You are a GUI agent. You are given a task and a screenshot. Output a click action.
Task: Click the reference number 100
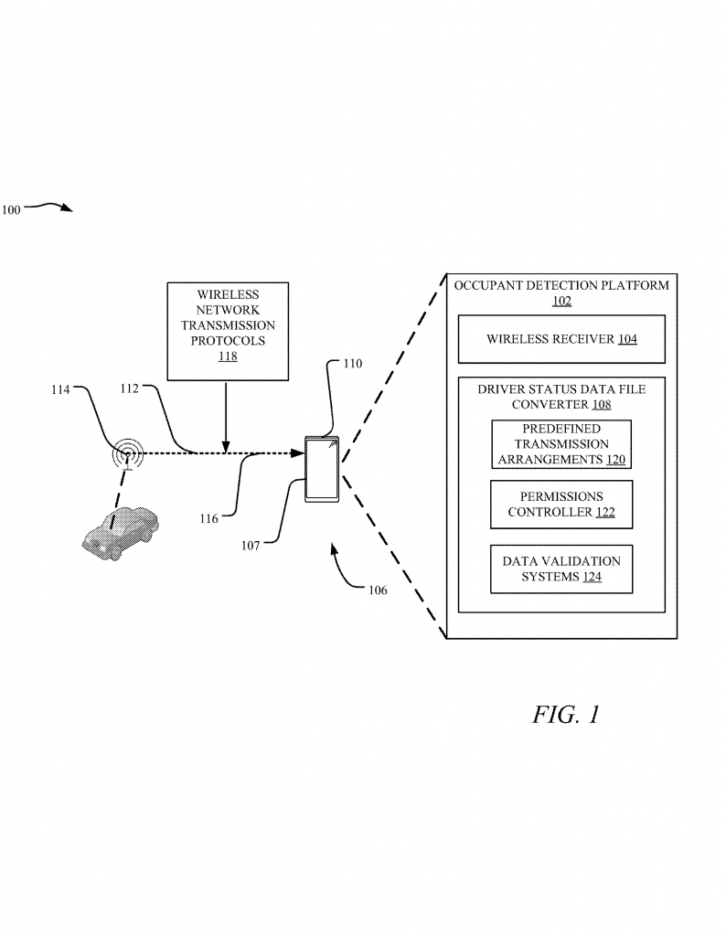tap(11, 209)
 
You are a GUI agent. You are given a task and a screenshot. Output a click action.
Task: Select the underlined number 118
tap(228, 356)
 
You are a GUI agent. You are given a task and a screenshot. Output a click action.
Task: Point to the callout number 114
tap(59, 389)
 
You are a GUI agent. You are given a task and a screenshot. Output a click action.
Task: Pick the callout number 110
tap(353, 363)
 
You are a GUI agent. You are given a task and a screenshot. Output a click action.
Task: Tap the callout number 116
tap(208, 518)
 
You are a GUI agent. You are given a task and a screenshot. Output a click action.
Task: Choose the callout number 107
tap(251, 546)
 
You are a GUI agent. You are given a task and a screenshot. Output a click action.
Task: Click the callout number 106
tap(377, 590)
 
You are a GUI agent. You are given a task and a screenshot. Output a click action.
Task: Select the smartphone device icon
tap(322, 469)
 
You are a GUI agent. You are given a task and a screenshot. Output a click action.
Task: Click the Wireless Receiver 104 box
tap(561, 339)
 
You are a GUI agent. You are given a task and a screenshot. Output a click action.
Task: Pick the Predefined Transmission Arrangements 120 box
tap(561, 444)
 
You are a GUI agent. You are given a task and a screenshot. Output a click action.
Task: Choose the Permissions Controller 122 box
tap(561, 505)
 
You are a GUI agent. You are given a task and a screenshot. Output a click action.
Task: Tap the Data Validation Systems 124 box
tap(561, 569)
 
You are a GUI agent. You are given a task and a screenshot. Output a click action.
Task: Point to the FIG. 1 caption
tap(566, 715)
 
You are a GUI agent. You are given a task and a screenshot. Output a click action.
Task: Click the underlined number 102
tap(561, 301)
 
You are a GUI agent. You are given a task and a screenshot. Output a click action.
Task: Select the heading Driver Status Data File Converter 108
tap(561, 396)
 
